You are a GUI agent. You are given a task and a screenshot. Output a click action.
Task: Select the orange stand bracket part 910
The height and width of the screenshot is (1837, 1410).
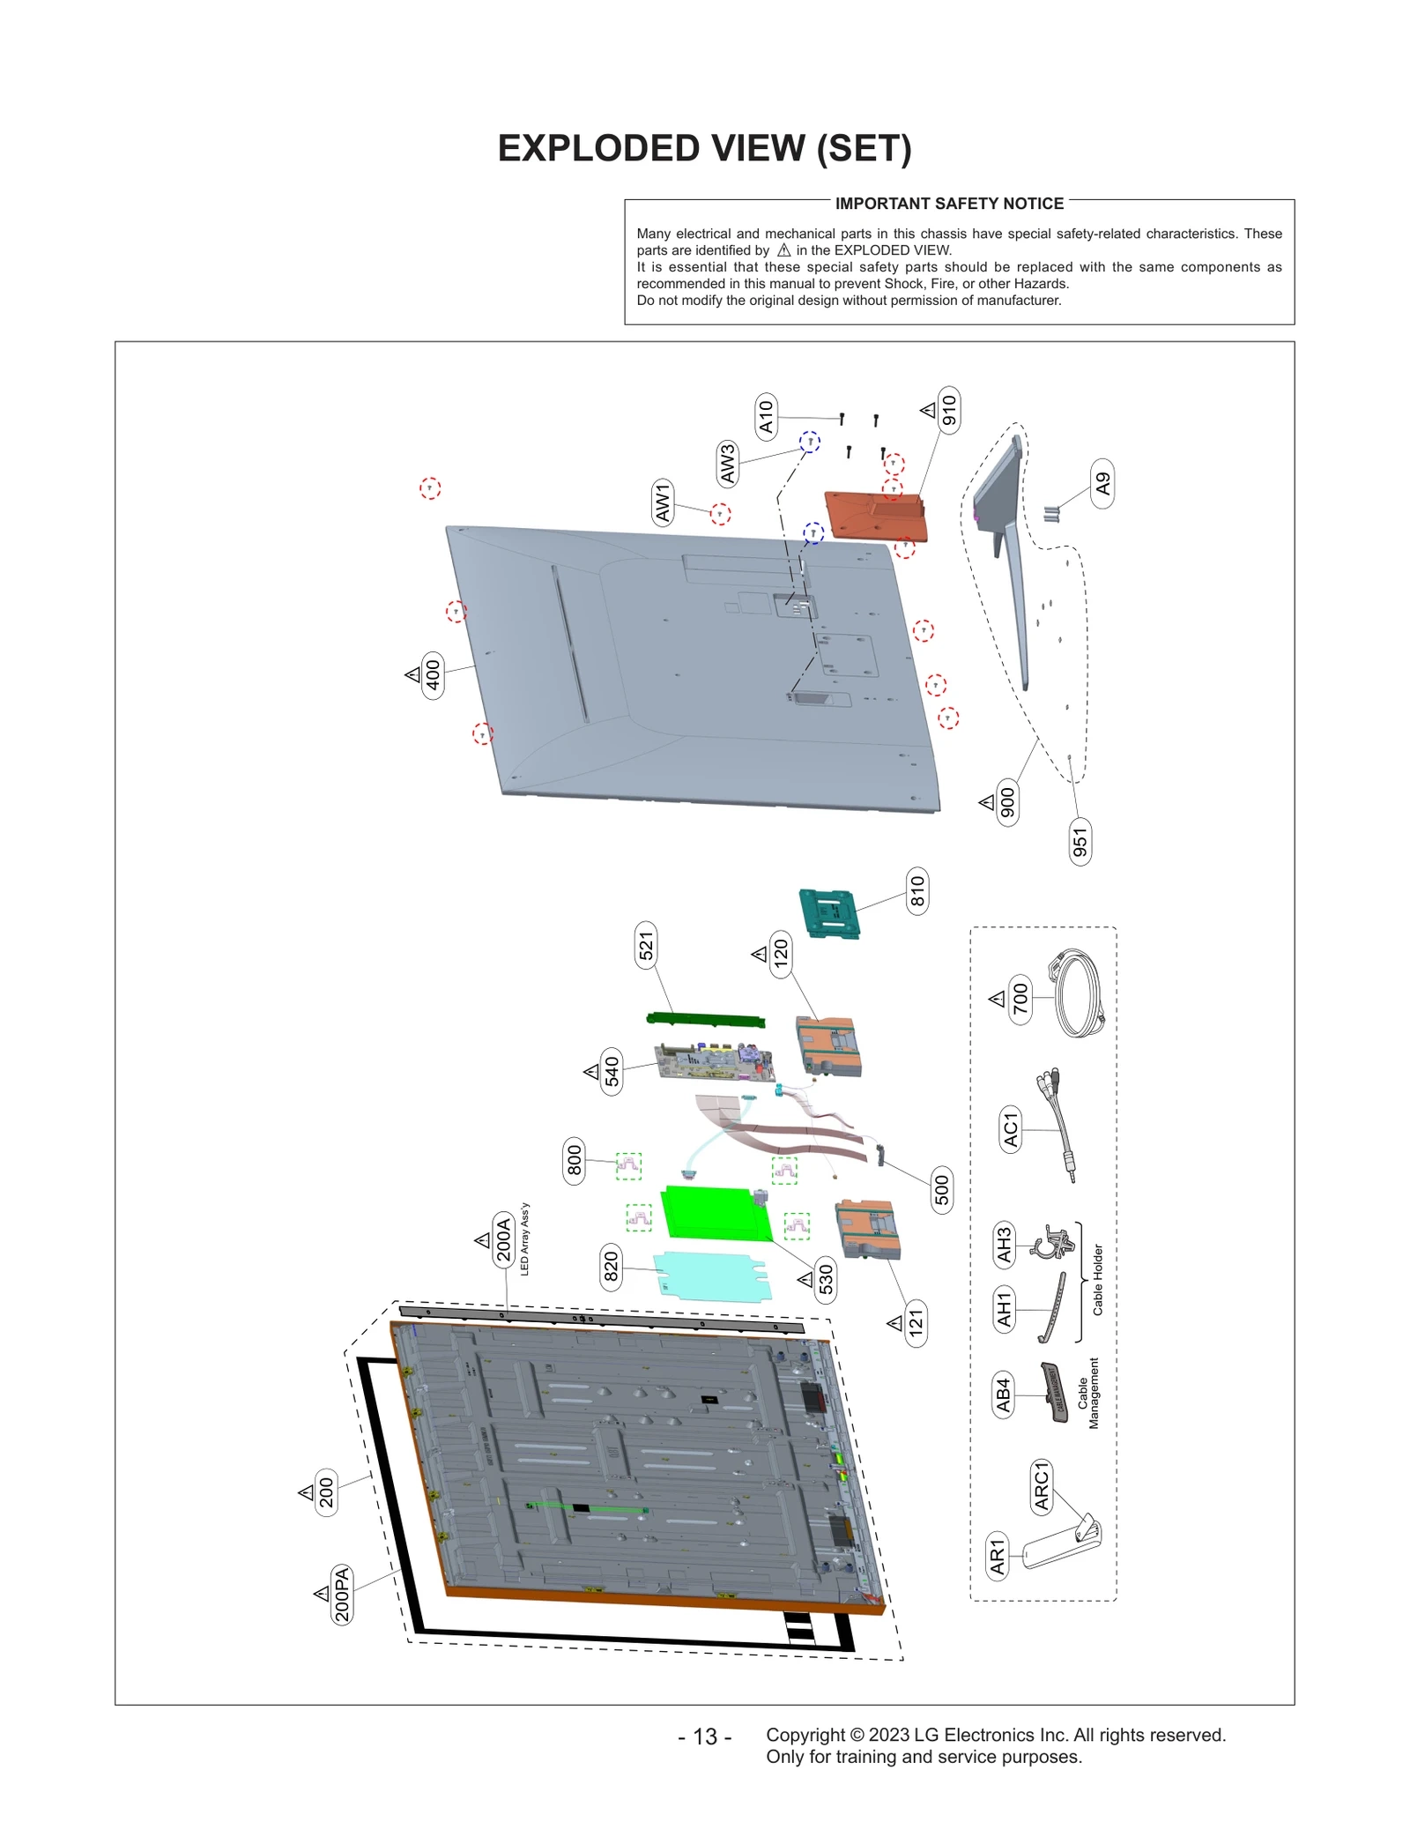pyautogui.click(x=877, y=517)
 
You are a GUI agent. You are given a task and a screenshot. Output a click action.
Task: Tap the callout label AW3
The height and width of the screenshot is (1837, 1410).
pyautogui.click(x=727, y=464)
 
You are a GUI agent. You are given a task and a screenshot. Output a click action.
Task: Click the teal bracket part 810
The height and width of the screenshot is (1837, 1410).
pyautogui.click(x=829, y=913)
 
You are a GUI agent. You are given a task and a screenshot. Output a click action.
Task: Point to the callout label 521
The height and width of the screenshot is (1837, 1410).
pyautogui.click(x=646, y=946)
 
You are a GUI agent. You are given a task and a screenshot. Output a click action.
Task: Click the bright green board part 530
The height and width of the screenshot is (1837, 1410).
pyautogui.click(x=714, y=1214)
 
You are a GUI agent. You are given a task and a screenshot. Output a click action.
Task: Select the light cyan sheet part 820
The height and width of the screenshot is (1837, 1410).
pyautogui.click(x=712, y=1275)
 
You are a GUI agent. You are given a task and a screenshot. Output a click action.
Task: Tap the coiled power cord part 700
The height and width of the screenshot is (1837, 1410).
pyautogui.click(x=1079, y=995)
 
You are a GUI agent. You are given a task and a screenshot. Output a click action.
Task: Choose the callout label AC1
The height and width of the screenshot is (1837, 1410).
pyautogui.click(x=1011, y=1130)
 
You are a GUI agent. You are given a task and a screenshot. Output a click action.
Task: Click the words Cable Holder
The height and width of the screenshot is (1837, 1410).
pyautogui.click(x=1097, y=1280)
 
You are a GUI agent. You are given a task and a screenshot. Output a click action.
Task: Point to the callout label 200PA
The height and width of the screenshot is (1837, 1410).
pyautogui.click(x=342, y=1594)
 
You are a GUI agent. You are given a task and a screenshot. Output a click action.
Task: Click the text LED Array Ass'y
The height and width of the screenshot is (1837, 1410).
pyautogui.click(x=524, y=1238)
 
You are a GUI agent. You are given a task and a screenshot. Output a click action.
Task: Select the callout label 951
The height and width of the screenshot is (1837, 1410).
pyautogui.click(x=1080, y=843)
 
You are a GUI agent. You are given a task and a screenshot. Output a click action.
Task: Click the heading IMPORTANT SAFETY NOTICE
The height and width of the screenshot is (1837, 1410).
pyautogui.click(x=949, y=204)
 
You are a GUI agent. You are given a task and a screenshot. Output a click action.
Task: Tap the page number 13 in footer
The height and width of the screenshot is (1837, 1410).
pyautogui.click(x=704, y=1737)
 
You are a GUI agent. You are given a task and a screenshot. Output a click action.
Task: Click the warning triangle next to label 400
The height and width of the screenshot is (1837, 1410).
pyautogui.click(x=412, y=674)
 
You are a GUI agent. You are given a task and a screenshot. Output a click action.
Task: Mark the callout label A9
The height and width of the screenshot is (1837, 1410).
pyautogui.click(x=1102, y=484)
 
